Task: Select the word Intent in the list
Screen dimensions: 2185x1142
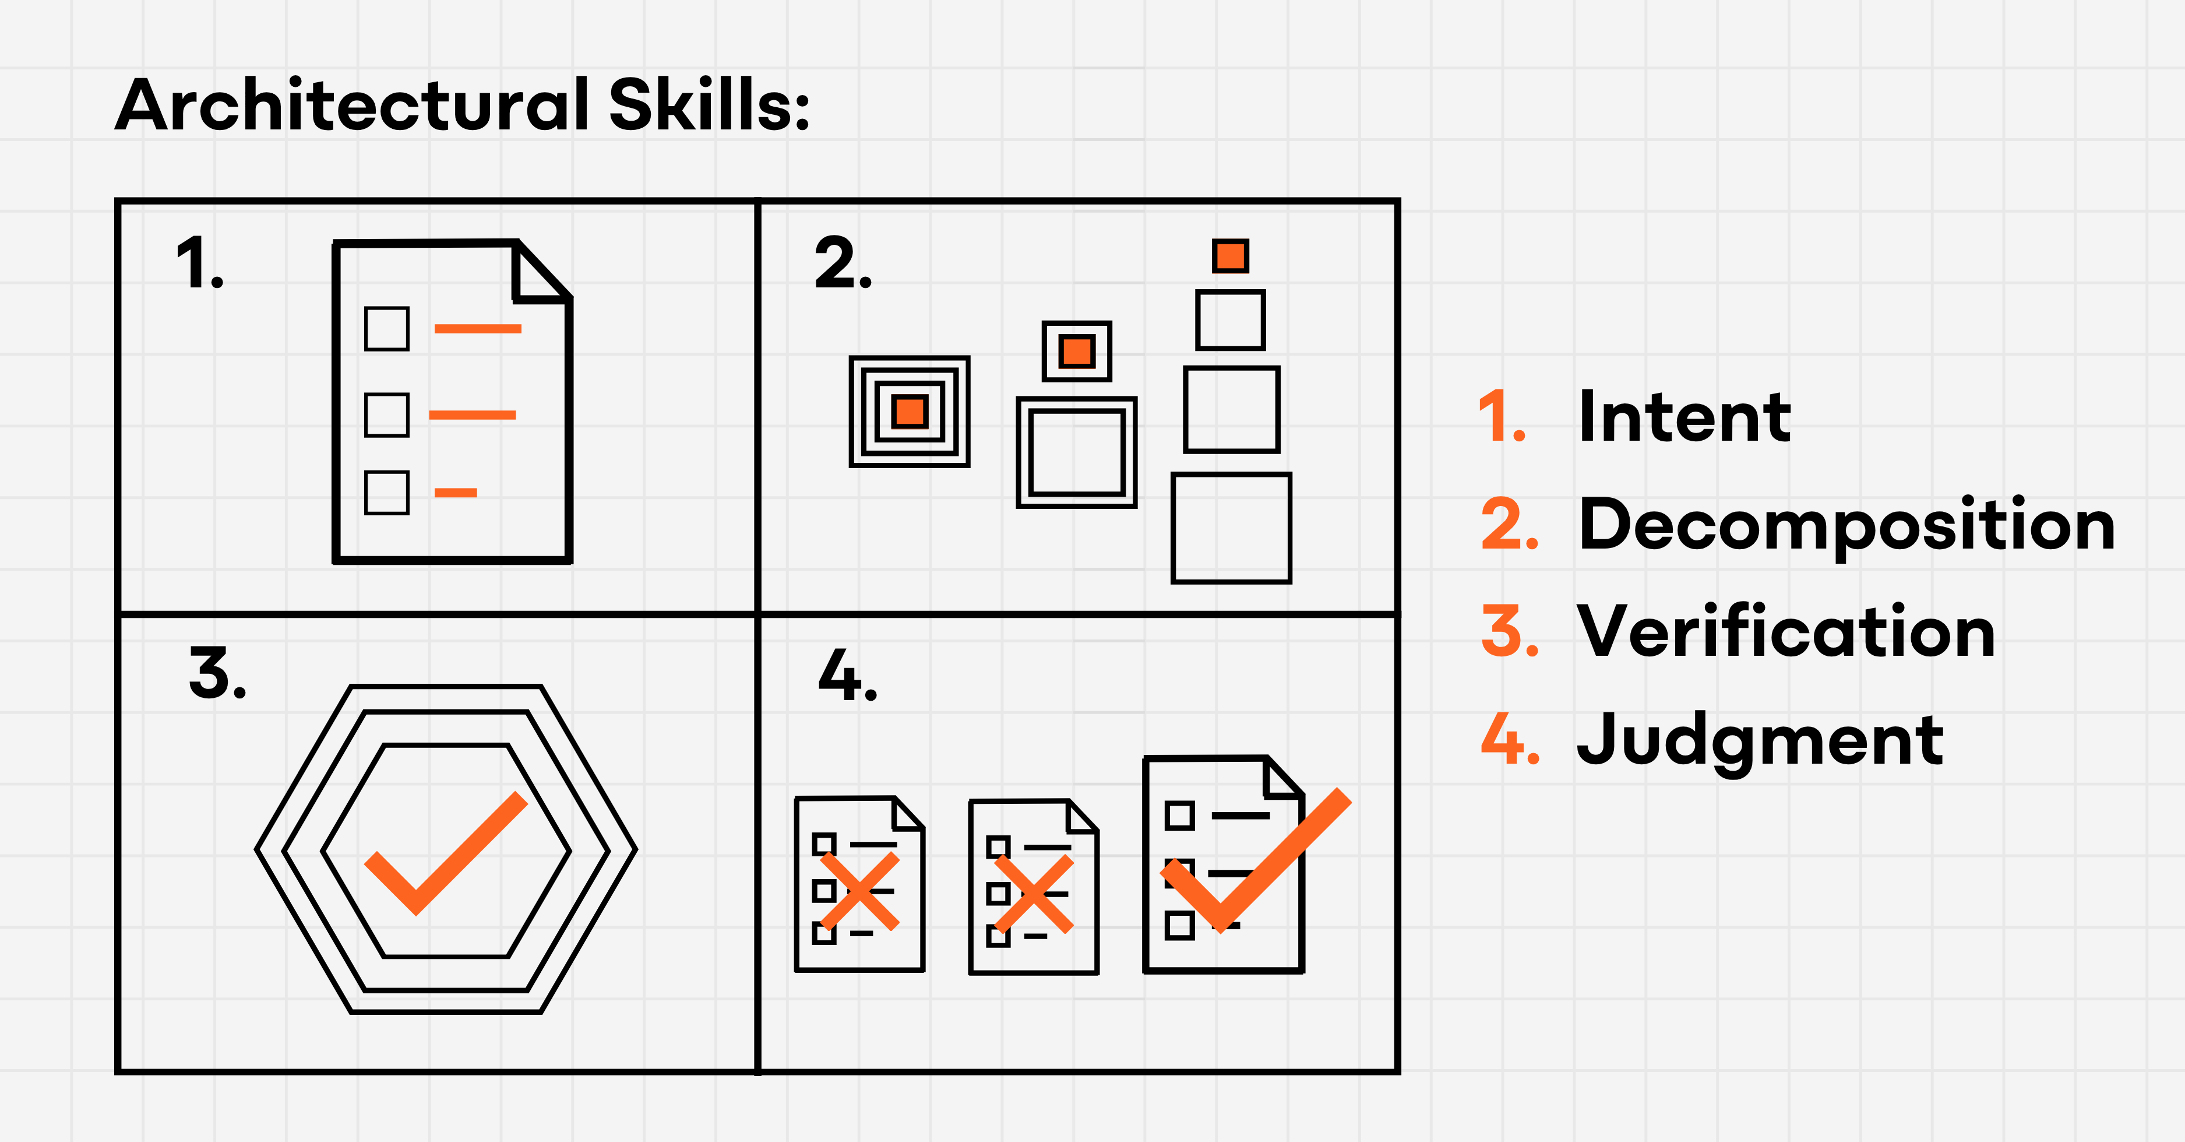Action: tap(1684, 417)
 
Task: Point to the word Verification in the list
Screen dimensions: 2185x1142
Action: tap(1785, 631)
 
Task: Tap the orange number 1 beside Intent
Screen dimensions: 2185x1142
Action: tap(1502, 417)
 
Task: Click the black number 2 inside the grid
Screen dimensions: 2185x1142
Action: tap(843, 263)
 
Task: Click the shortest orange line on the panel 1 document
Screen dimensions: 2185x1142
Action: tap(456, 492)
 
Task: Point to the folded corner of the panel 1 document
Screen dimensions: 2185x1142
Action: tap(540, 272)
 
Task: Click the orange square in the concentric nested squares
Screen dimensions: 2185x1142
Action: tap(910, 412)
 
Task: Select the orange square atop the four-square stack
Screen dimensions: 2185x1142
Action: tap(1230, 255)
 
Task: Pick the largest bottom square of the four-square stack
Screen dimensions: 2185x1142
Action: tap(1231, 528)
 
